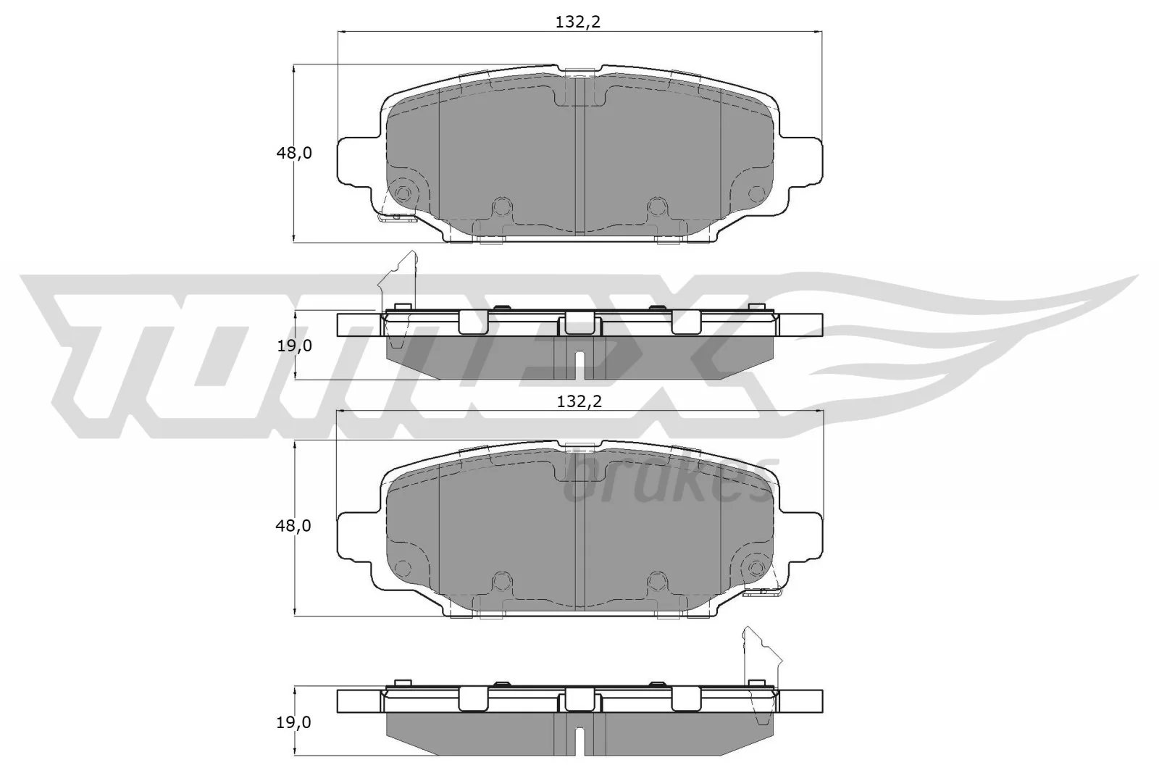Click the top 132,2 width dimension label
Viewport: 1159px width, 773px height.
(578, 22)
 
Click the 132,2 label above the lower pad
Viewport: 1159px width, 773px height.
(579, 402)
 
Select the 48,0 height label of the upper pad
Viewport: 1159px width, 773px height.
(293, 153)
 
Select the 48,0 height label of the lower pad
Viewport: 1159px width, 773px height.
(293, 526)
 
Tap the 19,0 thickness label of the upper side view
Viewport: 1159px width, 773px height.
(293, 346)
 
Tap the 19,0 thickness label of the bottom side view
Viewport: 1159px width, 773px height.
(293, 722)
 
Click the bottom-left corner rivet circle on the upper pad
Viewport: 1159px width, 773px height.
(403, 193)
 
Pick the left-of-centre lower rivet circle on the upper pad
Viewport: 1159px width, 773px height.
(500, 206)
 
